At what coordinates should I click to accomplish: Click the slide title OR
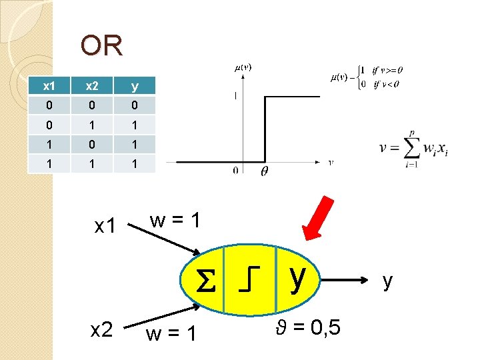point(101,46)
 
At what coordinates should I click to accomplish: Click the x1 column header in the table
point(48,86)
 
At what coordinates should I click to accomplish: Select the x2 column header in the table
point(91,86)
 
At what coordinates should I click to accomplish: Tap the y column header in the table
point(135,86)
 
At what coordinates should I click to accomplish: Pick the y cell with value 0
point(135,105)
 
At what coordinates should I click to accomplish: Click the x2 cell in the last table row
point(91,163)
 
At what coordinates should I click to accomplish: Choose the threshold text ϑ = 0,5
point(306,327)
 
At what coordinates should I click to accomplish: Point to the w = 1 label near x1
point(174,220)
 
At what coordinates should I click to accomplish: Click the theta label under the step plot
point(264,171)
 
